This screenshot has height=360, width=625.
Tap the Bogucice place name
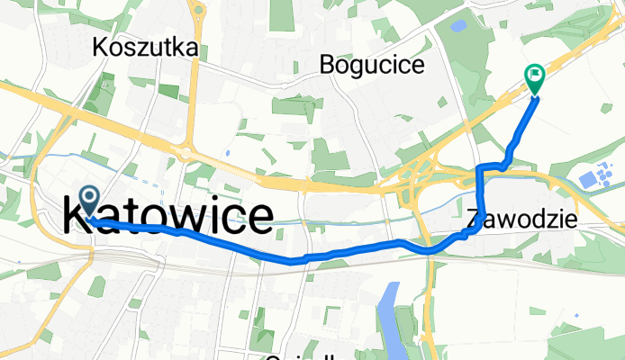click(x=371, y=65)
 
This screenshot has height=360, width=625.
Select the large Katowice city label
click(x=169, y=217)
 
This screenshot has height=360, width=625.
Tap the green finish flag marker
click(x=535, y=80)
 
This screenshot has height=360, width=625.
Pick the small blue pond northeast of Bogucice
click(x=457, y=26)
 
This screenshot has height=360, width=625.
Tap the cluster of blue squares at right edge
click(x=594, y=177)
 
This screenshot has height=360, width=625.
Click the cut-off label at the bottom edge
click(x=297, y=356)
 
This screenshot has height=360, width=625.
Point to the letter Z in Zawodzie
click(x=475, y=218)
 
